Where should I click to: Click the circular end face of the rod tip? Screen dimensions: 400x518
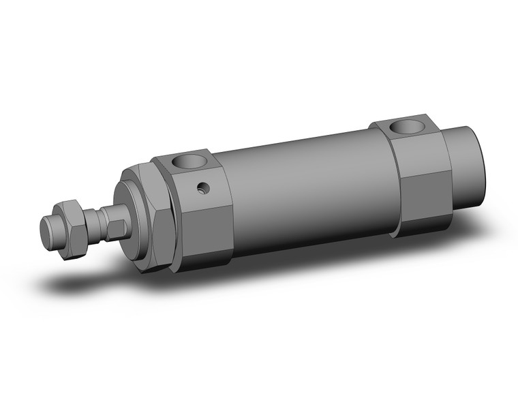[46, 234]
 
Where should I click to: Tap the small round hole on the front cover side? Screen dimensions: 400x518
[201, 187]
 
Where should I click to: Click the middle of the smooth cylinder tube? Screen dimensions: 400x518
[307, 191]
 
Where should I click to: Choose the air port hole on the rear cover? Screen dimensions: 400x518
[407, 126]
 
